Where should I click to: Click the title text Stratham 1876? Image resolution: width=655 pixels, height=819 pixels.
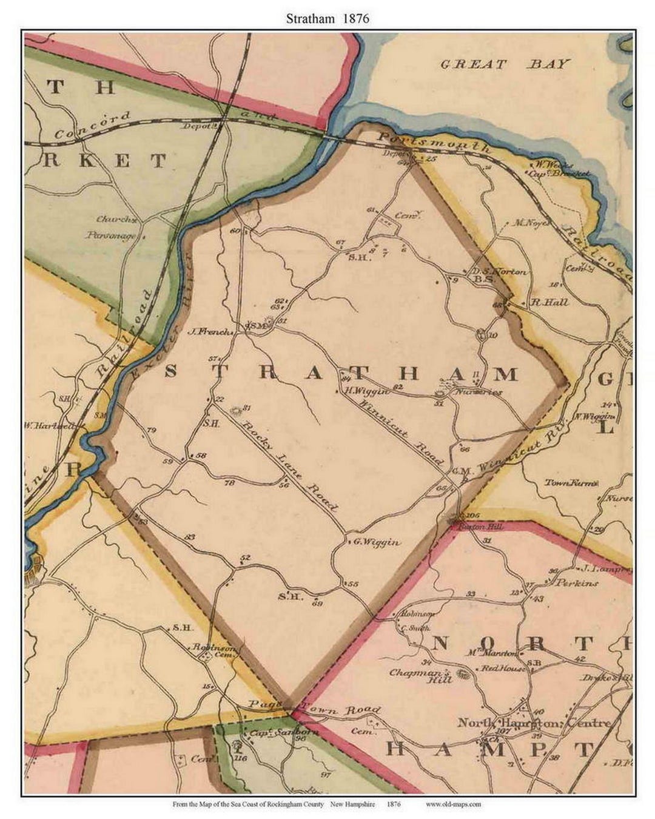(327, 18)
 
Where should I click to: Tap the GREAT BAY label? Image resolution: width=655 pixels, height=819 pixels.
(505, 64)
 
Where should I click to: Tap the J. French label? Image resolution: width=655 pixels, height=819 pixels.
(210, 332)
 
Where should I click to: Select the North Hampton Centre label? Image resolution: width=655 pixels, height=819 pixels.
(534, 723)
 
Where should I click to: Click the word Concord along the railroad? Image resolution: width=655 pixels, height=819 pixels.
(92, 125)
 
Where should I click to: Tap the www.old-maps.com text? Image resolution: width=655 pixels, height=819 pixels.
(453, 804)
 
